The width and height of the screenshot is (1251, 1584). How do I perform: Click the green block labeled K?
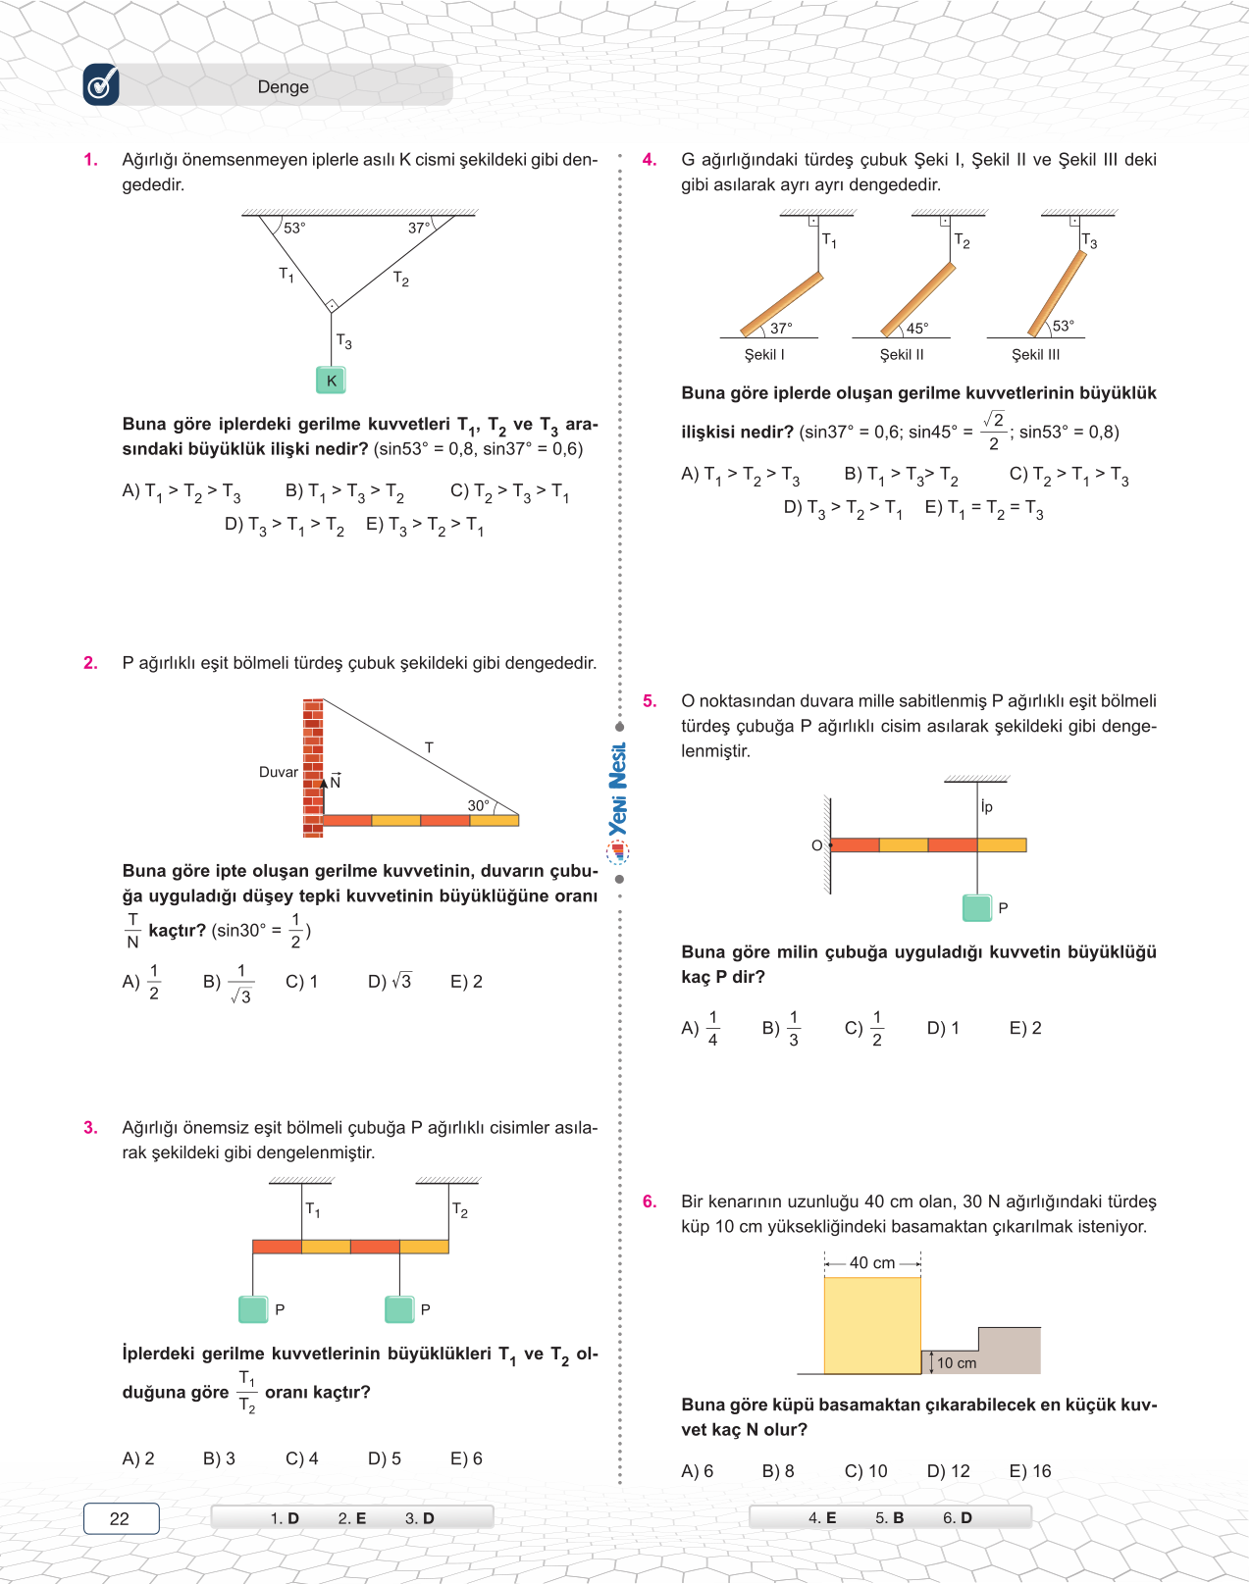pos(331,381)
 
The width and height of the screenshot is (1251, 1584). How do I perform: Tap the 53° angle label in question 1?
pos(294,228)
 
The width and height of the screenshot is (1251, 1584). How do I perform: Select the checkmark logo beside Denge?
pos(101,85)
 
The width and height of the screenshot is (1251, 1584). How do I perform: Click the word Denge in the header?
pos(283,86)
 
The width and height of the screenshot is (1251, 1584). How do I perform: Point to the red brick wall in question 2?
pos(313,767)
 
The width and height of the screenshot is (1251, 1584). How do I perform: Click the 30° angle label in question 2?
pos(478,805)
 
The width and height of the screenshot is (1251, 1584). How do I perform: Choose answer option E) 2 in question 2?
pos(466,981)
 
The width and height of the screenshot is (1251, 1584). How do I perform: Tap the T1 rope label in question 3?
pos(313,1209)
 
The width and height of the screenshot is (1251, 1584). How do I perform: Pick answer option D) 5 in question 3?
pos(384,1458)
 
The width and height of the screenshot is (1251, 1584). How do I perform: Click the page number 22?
pos(120,1518)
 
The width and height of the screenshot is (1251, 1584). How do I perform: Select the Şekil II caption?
pos(901,355)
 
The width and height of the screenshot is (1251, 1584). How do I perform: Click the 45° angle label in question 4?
pos(916,329)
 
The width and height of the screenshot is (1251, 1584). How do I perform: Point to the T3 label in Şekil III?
pos(1089,241)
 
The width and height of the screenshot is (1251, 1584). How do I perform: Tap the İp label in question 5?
pos(986,806)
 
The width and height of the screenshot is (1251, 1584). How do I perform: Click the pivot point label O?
pos(816,845)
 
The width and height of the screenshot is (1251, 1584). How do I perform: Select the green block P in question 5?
pos(977,907)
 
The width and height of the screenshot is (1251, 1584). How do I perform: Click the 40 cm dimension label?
pos(871,1263)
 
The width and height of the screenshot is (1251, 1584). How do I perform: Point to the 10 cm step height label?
pos(957,1363)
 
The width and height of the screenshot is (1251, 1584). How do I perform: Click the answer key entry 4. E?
pos(822,1517)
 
